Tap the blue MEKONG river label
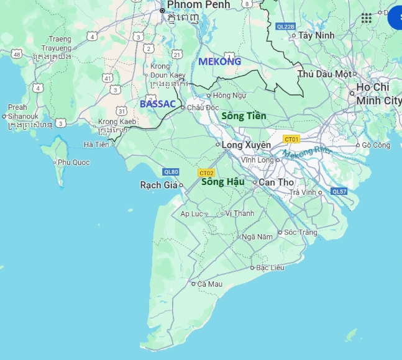click(219, 61)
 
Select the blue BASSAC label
click(158, 104)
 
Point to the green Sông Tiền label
click(244, 116)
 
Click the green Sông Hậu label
click(222, 182)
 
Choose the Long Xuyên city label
click(247, 145)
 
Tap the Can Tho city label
click(276, 182)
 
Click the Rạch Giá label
click(158, 185)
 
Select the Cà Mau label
click(210, 284)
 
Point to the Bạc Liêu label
click(270, 268)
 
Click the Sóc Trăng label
click(300, 232)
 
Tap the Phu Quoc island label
click(73, 163)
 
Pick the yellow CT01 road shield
click(291, 139)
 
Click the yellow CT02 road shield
click(206, 173)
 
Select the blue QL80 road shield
click(171, 172)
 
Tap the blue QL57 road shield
click(339, 191)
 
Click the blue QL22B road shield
click(286, 27)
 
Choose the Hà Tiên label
click(96, 145)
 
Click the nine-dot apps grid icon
click(367, 18)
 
